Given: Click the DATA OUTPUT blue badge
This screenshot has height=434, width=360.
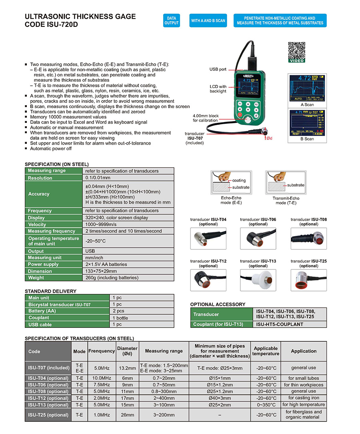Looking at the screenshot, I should click(171, 21).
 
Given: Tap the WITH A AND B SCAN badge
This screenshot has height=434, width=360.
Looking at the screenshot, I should click(208, 21).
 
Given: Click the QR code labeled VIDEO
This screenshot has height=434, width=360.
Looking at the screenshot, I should click(296, 51).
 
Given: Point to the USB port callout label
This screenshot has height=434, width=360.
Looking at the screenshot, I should click(218, 69).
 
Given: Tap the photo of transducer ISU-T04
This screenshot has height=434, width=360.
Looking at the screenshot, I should click(208, 239).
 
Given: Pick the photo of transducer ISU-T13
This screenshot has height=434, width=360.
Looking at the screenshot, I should click(258, 280).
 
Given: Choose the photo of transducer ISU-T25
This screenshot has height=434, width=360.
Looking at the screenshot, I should click(308, 280).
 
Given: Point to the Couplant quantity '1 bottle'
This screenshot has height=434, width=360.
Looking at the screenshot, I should click(120, 318).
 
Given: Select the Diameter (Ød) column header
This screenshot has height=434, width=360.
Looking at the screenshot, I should click(127, 351).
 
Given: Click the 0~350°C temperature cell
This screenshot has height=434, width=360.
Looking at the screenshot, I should click(266, 405).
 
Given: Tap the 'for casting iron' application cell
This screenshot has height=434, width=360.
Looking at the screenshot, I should click(304, 398).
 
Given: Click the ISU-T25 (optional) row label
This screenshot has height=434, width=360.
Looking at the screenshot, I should click(48, 415).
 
